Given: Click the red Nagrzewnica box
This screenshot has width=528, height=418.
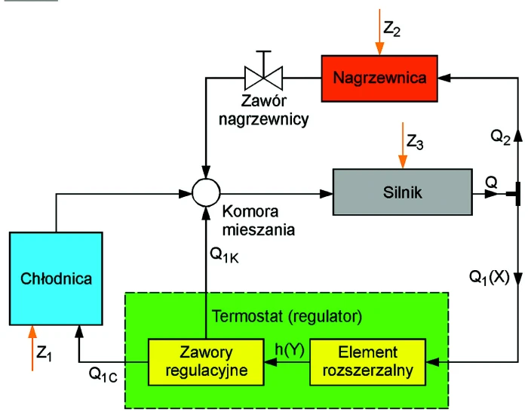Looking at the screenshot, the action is click(379, 78).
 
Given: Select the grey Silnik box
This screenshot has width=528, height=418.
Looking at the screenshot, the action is click(402, 192).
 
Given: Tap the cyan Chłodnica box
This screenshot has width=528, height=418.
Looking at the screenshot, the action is click(56, 278).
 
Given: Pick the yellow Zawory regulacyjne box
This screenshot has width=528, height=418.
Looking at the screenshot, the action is click(206, 362).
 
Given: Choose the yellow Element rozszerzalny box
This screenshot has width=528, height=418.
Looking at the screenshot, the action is click(368, 362).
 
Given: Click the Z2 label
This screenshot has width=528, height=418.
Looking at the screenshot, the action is click(391, 28).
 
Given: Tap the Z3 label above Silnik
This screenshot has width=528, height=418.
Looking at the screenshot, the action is click(415, 142).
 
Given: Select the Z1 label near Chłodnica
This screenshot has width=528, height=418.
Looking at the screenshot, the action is click(44, 353).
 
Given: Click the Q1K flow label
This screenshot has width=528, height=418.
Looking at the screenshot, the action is click(224, 255).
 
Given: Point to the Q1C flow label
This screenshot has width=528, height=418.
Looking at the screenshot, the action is click(103, 374).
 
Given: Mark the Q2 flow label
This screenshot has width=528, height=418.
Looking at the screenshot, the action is click(500, 137).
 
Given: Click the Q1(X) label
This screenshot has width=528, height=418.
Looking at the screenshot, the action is click(490, 278).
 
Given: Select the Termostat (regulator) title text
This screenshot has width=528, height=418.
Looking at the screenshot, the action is click(287, 316).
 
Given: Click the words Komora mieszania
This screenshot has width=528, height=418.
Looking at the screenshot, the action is click(259, 220).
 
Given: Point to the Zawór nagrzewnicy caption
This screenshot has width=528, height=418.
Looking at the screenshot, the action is click(264, 110).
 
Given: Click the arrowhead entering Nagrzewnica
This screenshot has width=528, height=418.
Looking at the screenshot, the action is click(444, 78).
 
